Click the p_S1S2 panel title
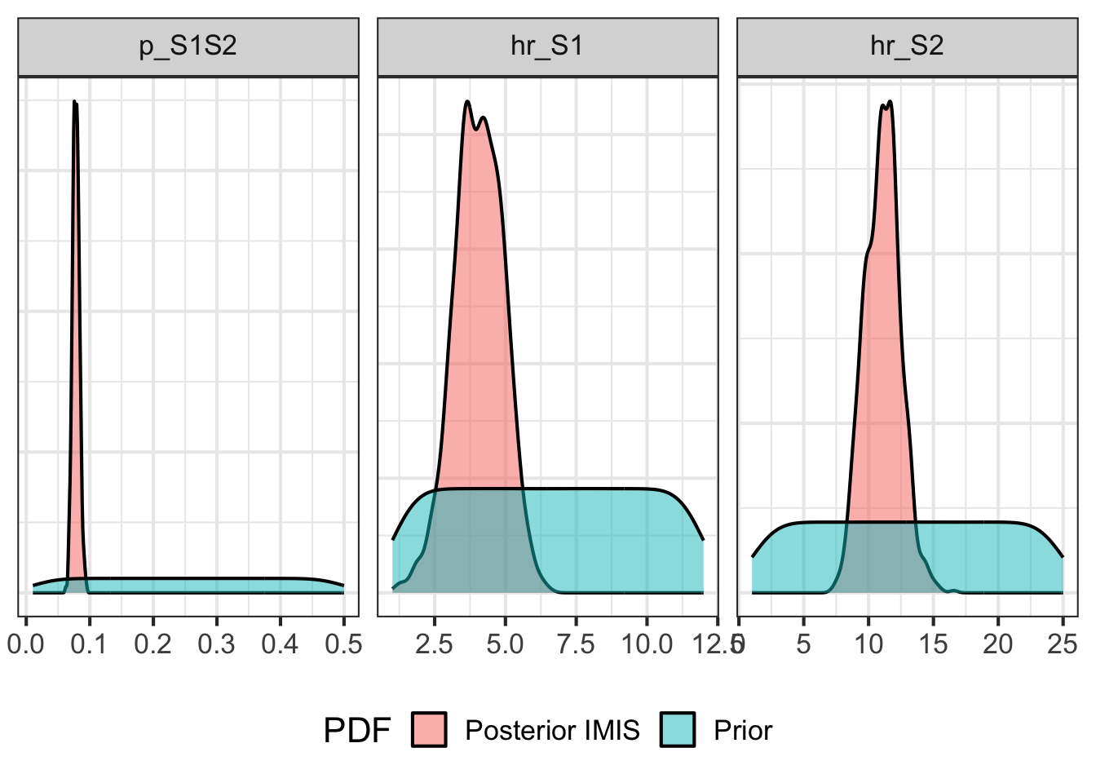pos(188,46)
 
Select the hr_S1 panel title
pos(547,46)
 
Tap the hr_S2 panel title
pos(907,46)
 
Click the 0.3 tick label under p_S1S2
pos(217,644)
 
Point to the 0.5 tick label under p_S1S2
pos(343,644)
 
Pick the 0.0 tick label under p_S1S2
pos(26,644)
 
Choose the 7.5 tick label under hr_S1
pos(576,644)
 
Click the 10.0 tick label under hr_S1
pos(647,644)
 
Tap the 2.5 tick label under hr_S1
pos(434,644)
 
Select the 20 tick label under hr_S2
pos(997,644)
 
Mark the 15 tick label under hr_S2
pos(933,644)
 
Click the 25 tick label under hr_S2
pos(1062,644)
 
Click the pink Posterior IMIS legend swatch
pos(429,730)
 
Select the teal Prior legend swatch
pos(678,730)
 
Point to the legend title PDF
pos(356,730)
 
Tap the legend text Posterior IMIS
pos(552,730)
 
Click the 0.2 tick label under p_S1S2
pos(153,644)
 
